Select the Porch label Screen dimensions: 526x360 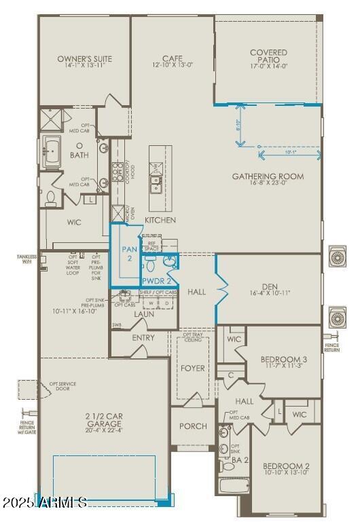pos(192,426)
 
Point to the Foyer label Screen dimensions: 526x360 pos(192,369)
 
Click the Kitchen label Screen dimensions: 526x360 pos(160,220)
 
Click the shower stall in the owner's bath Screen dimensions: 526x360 pos(50,119)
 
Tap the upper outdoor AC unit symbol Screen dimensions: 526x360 pos(338,257)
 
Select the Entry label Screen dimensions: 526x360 pos(143,337)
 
